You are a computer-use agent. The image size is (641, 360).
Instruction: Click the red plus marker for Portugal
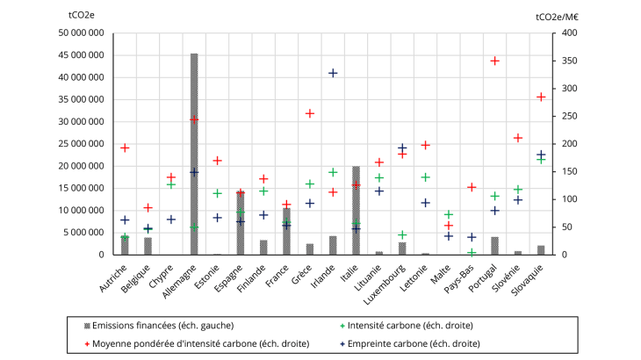(495, 61)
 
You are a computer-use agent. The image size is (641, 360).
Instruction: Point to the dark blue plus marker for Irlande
(333, 73)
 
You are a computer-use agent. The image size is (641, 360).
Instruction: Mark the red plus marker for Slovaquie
(541, 97)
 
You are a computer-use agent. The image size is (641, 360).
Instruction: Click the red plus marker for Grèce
(310, 113)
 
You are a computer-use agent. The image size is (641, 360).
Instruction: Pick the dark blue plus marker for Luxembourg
(402, 148)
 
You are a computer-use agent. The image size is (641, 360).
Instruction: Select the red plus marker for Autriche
(125, 148)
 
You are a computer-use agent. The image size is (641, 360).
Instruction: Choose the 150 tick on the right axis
(570, 172)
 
